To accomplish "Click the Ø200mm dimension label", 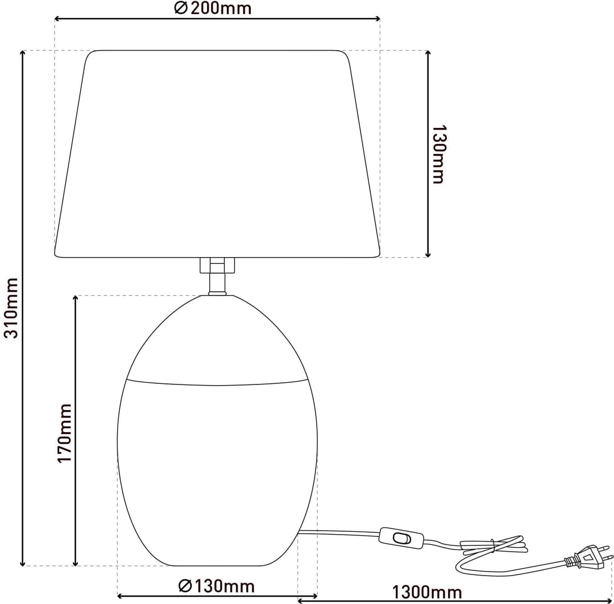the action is click(x=213, y=8).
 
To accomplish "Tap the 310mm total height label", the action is click(x=11, y=308).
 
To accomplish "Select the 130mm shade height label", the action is click(x=438, y=154).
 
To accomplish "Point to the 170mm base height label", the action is click(x=65, y=433).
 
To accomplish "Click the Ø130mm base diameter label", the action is click(x=217, y=586).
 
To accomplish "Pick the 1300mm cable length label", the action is click(x=427, y=592).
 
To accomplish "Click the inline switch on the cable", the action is click(x=401, y=539).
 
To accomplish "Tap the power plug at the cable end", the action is click(x=588, y=557).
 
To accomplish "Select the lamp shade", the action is click(x=217, y=154).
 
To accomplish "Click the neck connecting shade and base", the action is click(x=217, y=276).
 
